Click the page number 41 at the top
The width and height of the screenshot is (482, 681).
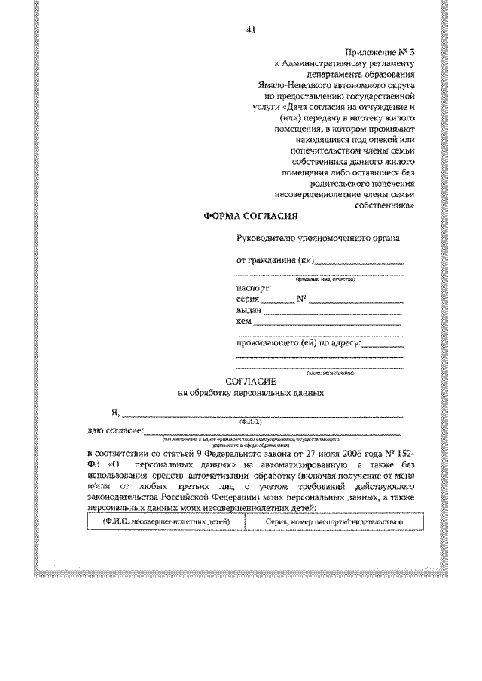pos(251,30)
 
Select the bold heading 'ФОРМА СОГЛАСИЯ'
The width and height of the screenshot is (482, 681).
pos(252,217)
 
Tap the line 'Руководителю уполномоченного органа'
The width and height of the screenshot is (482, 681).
pos(318,239)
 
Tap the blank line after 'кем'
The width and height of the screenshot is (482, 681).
pos(328,324)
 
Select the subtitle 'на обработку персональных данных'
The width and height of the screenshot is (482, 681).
pos(251,393)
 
